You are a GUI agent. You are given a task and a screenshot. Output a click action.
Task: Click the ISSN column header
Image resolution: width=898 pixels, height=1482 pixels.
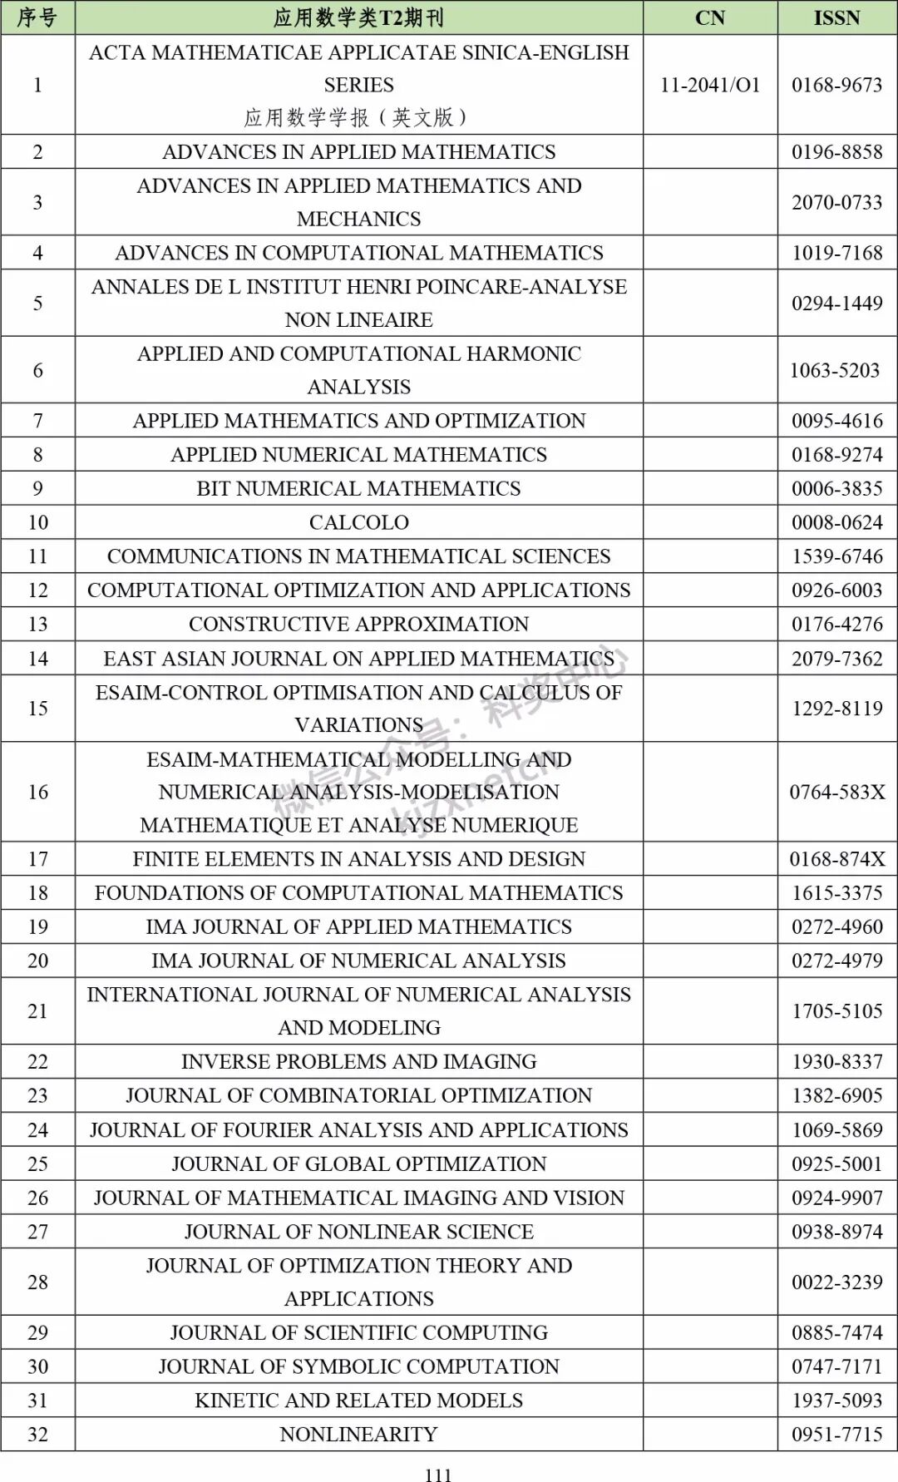pos(836,17)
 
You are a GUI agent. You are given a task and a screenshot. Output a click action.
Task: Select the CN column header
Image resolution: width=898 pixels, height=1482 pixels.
pos(709,17)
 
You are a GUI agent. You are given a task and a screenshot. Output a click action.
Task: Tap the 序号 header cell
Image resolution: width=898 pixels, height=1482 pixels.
pos(37,17)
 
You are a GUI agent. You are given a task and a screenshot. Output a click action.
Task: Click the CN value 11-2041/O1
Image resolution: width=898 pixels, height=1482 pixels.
pos(709,85)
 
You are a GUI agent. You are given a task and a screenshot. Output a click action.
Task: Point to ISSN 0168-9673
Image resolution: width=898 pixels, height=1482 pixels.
pos(836,85)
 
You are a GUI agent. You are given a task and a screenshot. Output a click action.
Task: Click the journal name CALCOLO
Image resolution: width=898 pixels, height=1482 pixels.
pos(358,522)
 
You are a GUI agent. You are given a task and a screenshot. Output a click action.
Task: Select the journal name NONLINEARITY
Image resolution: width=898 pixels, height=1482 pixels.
pos(358,1434)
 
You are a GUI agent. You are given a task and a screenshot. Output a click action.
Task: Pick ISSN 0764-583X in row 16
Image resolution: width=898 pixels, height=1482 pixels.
pos(836,792)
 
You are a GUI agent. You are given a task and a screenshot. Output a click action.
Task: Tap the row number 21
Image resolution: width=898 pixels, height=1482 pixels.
pos(37,1011)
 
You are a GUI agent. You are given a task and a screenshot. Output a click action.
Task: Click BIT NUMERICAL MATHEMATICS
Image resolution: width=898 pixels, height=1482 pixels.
pos(358,488)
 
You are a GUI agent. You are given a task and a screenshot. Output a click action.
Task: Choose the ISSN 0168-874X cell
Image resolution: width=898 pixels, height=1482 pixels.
pos(836,859)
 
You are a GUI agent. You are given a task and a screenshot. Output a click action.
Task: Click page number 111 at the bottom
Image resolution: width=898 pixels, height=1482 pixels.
pos(438,1475)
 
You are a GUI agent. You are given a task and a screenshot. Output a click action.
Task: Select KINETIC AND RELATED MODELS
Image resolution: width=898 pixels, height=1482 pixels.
pos(358,1400)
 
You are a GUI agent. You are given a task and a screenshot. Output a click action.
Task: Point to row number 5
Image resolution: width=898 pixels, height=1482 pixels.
pos(37,303)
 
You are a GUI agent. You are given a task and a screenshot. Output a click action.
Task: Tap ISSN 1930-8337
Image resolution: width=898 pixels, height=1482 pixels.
pos(836,1061)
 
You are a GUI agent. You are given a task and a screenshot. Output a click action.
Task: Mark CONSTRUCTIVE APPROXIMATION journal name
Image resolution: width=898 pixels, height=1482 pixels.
pos(358,624)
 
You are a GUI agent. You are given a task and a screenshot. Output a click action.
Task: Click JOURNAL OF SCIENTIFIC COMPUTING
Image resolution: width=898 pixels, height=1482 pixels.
pos(358,1332)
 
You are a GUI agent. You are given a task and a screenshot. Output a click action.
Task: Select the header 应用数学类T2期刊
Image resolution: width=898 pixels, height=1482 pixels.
pos(358,17)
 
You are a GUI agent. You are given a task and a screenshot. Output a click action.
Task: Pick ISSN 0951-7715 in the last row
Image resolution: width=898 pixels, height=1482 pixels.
pos(836,1434)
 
